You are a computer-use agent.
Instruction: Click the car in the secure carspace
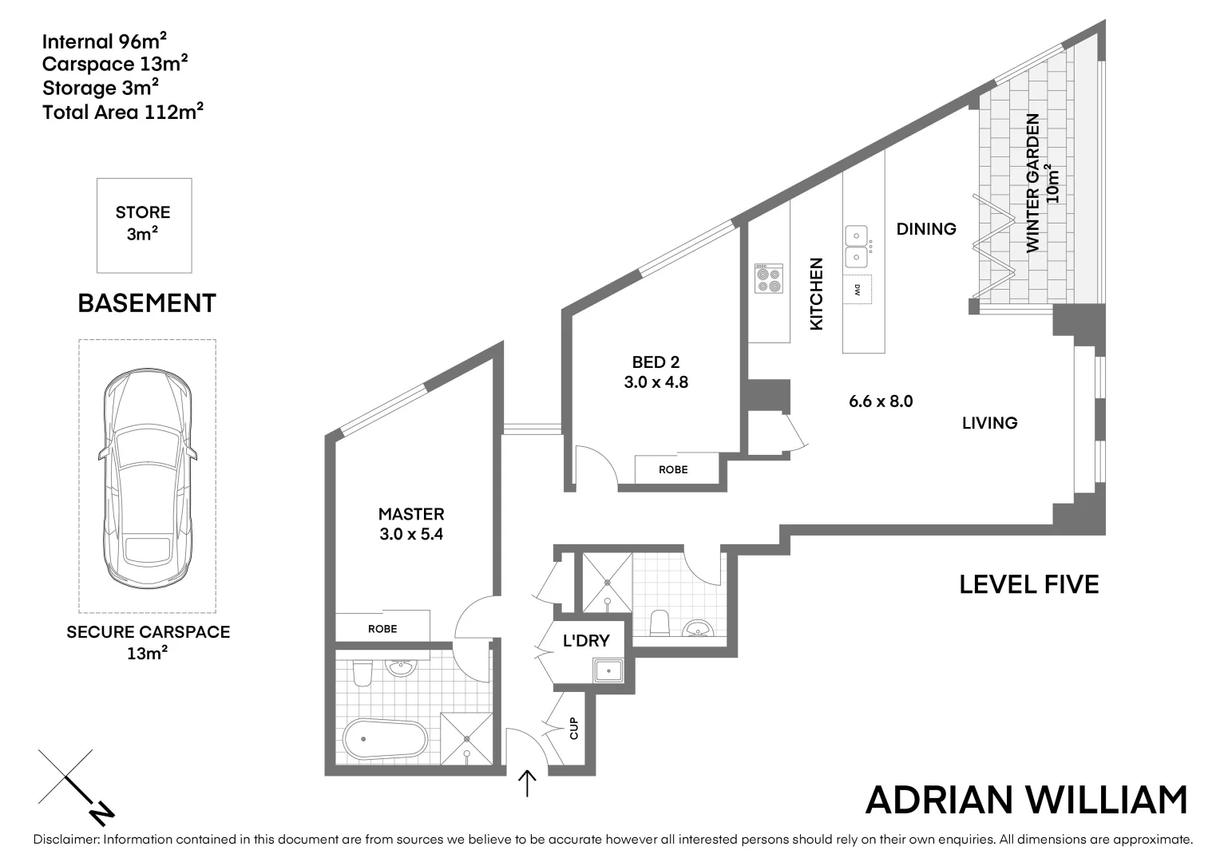[x=148, y=479]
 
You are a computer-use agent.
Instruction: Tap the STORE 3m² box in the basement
[x=144, y=224]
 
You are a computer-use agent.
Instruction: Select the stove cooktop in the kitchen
[x=769, y=279]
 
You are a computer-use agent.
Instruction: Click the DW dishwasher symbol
[x=858, y=290]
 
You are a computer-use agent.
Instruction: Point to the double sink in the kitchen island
[x=857, y=247]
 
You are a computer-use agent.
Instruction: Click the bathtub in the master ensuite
[x=386, y=740]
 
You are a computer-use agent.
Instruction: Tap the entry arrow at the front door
[x=527, y=783]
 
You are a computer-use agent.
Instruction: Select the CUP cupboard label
[x=573, y=728]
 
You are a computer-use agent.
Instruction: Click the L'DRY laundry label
[x=586, y=640]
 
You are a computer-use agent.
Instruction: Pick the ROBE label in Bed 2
[x=673, y=469]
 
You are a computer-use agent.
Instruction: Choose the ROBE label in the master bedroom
[x=382, y=629]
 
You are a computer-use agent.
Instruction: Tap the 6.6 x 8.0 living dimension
[x=881, y=401]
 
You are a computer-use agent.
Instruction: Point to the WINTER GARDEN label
[x=1033, y=183]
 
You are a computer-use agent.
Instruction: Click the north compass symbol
[x=77, y=787]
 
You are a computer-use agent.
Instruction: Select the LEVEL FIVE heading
[x=1028, y=585]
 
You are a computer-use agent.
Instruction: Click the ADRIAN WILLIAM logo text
[x=1027, y=801]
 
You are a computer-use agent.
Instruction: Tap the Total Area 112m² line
[x=123, y=112]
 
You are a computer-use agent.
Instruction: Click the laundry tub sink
[x=608, y=670]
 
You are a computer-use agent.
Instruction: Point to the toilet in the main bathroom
[x=660, y=623]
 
